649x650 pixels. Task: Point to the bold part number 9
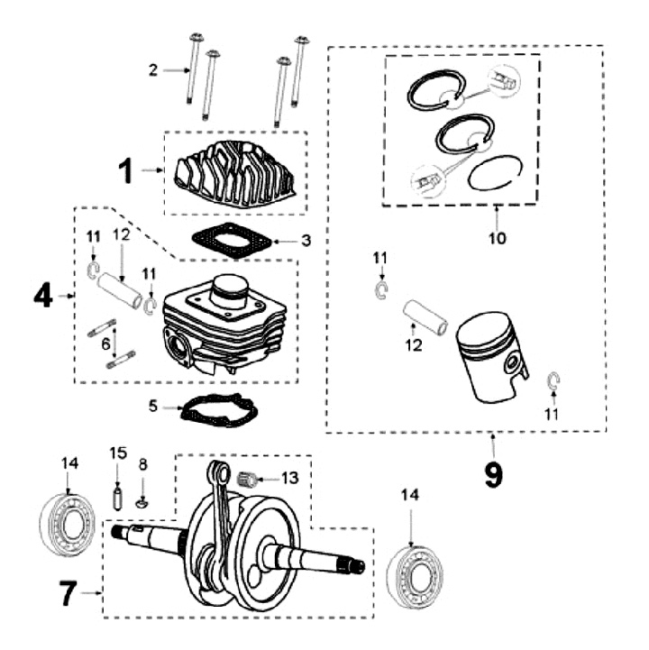493,472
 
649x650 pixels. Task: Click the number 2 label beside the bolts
153,69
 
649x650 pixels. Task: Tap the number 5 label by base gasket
154,407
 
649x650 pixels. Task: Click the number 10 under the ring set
498,239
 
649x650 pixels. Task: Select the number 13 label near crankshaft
288,477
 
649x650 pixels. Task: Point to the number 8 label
142,465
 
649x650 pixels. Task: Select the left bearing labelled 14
68,522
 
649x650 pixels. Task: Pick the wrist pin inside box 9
425,315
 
